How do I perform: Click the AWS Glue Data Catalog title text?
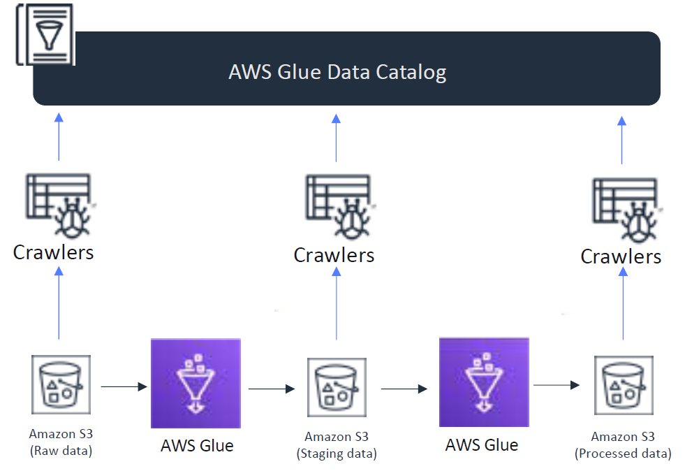tap(337, 72)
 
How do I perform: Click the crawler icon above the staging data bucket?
tap(339, 209)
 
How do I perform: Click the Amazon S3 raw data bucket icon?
tap(61, 384)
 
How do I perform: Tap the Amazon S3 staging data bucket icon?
tap(337, 387)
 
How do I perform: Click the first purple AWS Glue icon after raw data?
tap(196, 383)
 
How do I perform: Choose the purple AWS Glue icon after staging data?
tap(484, 382)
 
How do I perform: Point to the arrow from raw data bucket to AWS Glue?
tap(124, 386)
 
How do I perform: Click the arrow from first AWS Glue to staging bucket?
tap(272, 389)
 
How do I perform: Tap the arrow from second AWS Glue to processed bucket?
tap(557, 384)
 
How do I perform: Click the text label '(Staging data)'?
tap(337, 454)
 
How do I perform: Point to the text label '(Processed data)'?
tap(623, 454)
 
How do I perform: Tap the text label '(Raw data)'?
tap(61, 451)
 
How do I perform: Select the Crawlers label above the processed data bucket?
tap(621, 256)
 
